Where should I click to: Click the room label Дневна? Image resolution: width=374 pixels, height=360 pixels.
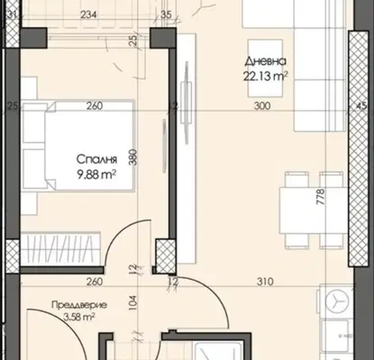tap(265, 61)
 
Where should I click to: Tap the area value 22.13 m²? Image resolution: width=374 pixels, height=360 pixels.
tap(265, 76)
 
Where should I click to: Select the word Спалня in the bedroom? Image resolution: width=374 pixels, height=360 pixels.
tap(96, 159)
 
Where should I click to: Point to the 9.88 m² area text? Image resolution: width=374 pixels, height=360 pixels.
tap(96, 174)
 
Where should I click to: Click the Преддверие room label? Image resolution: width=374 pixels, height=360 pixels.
tap(79, 305)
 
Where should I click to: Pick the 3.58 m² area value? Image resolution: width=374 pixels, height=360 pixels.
tap(79, 317)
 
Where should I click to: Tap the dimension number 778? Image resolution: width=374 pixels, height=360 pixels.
tap(321, 196)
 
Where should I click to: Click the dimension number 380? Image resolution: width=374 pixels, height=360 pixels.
tap(133, 157)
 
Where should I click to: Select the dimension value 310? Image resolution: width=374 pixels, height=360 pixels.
tap(265, 282)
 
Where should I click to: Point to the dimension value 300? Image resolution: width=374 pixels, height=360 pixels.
tap(262, 105)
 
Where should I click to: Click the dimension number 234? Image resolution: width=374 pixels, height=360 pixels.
tap(88, 14)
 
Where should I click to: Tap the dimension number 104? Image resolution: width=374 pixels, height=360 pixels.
tap(133, 302)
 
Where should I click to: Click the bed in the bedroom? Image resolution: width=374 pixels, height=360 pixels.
tap(78, 146)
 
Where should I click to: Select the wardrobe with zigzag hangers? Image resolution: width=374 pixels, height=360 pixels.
tap(61, 248)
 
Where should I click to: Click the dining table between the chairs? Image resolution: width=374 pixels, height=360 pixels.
tap(314, 210)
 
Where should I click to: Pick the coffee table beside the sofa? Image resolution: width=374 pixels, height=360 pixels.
tap(265, 68)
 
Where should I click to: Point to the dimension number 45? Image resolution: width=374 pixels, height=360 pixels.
tap(361, 105)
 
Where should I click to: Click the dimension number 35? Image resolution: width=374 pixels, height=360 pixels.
tap(166, 14)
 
